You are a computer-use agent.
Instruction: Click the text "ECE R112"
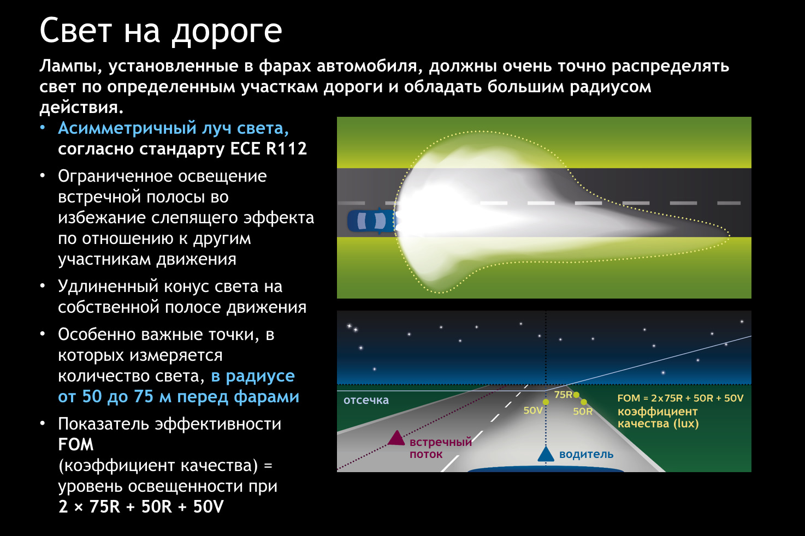[268, 148]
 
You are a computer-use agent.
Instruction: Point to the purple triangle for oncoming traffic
[396, 438]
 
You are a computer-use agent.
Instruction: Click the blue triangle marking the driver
[546, 454]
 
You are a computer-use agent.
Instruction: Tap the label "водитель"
[586, 455]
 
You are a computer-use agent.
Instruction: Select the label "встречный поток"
[441, 448]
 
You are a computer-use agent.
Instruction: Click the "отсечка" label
[366, 400]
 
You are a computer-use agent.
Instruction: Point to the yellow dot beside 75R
[576, 395]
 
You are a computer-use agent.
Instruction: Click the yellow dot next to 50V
[546, 402]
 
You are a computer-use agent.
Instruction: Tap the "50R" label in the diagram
[583, 412]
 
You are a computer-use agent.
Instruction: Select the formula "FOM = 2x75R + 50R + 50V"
[680, 398]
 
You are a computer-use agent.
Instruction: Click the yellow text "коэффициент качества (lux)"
[658, 418]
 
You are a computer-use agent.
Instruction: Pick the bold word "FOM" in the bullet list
[76, 445]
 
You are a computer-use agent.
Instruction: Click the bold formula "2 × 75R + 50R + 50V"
[141, 507]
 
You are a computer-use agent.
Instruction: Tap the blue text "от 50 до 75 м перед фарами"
[179, 397]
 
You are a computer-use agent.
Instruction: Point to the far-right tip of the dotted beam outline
[730, 236]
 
